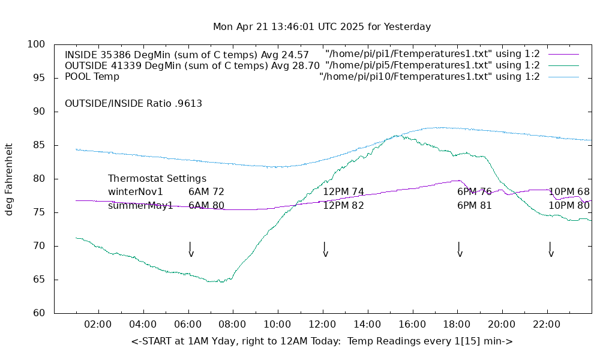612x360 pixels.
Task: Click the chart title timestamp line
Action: click(322, 27)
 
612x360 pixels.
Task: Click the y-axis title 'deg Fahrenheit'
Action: click(9, 179)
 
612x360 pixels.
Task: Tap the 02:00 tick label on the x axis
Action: click(98, 325)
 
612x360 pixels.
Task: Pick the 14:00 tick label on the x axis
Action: click(367, 325)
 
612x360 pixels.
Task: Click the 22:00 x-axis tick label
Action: click(547, 325)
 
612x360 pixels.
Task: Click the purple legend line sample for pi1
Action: click(563, 54)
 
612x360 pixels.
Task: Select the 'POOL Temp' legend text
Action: click(92, 77)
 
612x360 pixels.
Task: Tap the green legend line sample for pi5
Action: click(563, 65)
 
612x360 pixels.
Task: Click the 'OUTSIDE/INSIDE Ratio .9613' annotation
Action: click(133, 104)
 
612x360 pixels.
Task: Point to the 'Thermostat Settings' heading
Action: click(157, 179)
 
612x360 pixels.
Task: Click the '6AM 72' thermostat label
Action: click(206, 192)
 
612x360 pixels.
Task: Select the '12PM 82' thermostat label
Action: click(343, 206)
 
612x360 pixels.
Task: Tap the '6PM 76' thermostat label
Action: click(474, 192)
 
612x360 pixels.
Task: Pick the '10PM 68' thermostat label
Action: click(569, 192)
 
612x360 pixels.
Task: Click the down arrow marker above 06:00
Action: click(190, 250)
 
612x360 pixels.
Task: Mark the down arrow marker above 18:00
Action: click(459, 250)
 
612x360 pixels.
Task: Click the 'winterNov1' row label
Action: click(135, 192)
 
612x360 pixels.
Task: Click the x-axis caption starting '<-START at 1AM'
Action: click(322, 341)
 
